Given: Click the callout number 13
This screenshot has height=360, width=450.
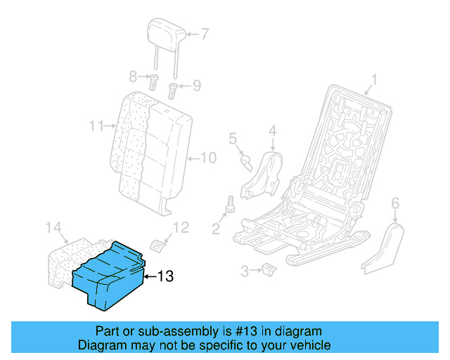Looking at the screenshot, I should pos(164,276).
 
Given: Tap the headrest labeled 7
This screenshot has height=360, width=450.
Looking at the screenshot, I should pos(167,32).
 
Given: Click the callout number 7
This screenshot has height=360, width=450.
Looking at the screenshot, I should pos(205,33).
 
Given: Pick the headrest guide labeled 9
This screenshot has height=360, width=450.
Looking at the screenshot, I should pos(172,89).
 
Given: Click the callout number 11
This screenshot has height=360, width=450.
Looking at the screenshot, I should pos(97,127).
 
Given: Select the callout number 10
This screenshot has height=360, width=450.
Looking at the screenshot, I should pos(209,157).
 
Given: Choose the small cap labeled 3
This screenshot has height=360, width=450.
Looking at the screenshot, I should pos(269,268).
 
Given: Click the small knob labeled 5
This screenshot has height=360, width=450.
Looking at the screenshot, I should pos(245,162).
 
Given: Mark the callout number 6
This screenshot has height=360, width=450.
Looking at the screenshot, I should pos(394,203).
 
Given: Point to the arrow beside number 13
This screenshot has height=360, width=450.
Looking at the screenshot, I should pos(149,276).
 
